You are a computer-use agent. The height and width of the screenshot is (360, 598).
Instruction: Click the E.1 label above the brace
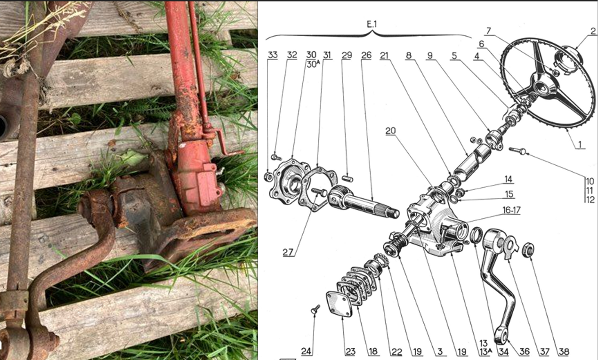[372, 24]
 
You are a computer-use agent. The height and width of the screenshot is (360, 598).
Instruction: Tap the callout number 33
[273, 55]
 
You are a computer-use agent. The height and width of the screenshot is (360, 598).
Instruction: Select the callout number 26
[366, 55]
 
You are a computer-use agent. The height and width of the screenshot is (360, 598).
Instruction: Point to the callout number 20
[390, 131]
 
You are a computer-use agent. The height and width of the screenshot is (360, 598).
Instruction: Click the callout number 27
[288, 252]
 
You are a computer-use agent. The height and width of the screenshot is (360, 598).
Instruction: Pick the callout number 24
[306, 352]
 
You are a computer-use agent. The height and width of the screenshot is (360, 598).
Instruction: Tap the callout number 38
[564, 352]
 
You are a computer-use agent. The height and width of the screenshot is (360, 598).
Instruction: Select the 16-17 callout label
[511, 210]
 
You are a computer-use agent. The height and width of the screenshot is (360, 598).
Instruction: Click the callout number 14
[509, 179]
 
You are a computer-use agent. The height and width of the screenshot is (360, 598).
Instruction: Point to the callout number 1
[580, 144]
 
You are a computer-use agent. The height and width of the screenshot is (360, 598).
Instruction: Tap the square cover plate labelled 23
[339, 304]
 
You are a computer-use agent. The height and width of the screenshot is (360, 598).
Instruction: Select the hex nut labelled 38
[528, 250]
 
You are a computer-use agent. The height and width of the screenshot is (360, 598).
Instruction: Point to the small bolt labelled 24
[315, 309]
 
